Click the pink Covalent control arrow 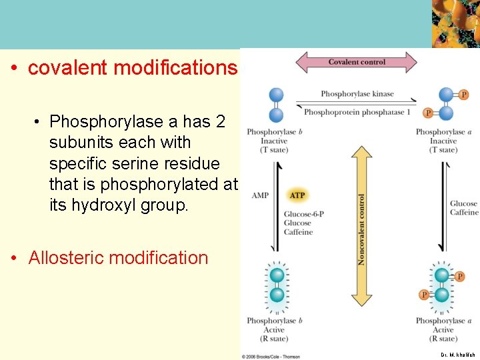pyautogui.click(x=355, y=63)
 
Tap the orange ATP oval pyautogui.click(x=297, y=195)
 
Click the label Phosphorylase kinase pyautogui.click(x=357, y=94)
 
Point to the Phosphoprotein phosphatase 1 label pyautogui.click(x=357, y=112)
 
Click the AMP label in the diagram pyautogui.click(x=261, y=195)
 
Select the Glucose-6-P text pyautogui.click(x=298, y=214)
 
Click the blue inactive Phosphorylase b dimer pyautogui.click(x=276, y=104)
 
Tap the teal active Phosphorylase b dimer pyautogui.click(x=277, y=285)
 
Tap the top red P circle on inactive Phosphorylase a pyautogui.click(x=463, y=95)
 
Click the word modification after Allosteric pyautogui.click(x=162, y=258)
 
